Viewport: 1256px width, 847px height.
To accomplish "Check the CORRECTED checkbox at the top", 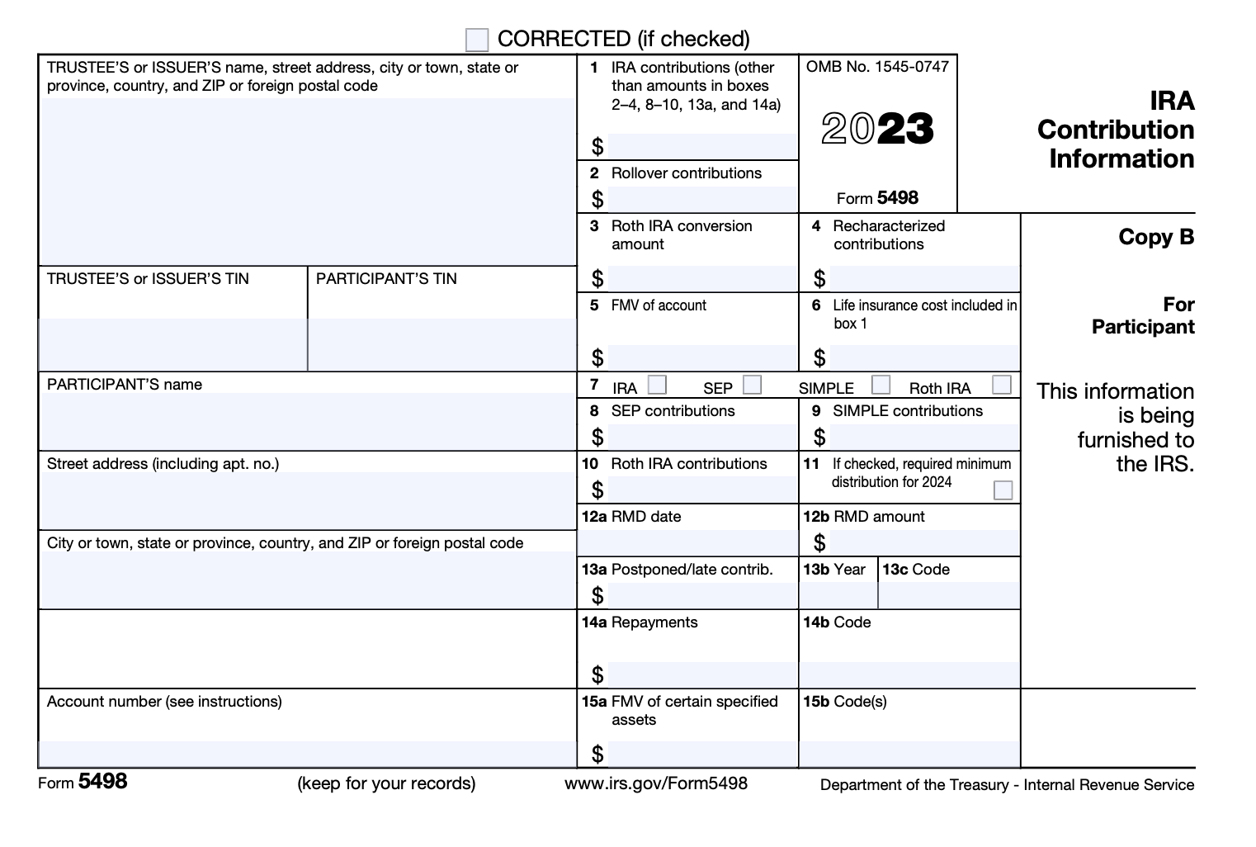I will click(477, 40).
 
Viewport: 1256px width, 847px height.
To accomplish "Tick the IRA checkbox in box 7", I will click(658, 385).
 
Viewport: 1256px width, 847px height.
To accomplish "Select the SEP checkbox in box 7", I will click(752, 385).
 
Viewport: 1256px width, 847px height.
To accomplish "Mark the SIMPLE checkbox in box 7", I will click(881, 385).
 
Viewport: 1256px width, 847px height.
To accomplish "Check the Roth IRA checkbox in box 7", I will click(1002, 385).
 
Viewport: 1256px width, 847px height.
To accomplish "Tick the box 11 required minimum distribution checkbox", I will click(1003, 490).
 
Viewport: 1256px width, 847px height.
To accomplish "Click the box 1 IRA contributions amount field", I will click(702, 147).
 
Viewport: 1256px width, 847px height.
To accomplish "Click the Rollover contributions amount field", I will click(702, 199).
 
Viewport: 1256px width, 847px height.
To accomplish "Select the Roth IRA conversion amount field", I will click(702, 278).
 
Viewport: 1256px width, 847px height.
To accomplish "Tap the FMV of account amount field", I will click(702, 357).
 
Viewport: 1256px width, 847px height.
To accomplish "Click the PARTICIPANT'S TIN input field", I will click(441, 344).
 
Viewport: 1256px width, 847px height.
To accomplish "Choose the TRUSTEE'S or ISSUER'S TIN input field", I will click(172, 344).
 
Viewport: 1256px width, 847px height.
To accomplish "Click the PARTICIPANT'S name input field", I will click(307, 421).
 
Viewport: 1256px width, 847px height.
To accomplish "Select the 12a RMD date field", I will click(687, 542).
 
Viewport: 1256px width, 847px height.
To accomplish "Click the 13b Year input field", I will click(838, 595).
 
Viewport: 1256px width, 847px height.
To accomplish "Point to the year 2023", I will click(877, 129).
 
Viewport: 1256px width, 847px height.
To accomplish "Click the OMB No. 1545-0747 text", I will click(877, 67).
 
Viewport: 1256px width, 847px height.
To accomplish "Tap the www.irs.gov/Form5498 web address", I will click(656, 783).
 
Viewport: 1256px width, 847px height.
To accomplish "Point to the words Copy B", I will click(1156, 238).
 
